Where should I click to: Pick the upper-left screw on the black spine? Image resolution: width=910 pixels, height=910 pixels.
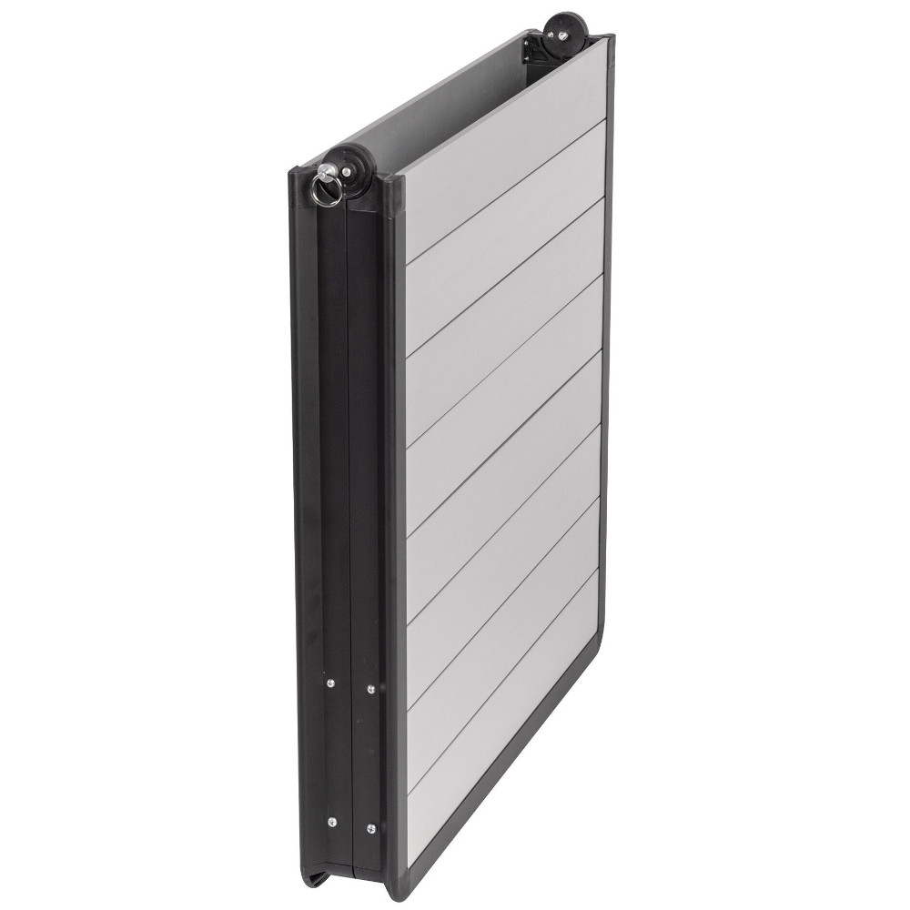pos(330,678)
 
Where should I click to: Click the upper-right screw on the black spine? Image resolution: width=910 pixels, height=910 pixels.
pos(369,690)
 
